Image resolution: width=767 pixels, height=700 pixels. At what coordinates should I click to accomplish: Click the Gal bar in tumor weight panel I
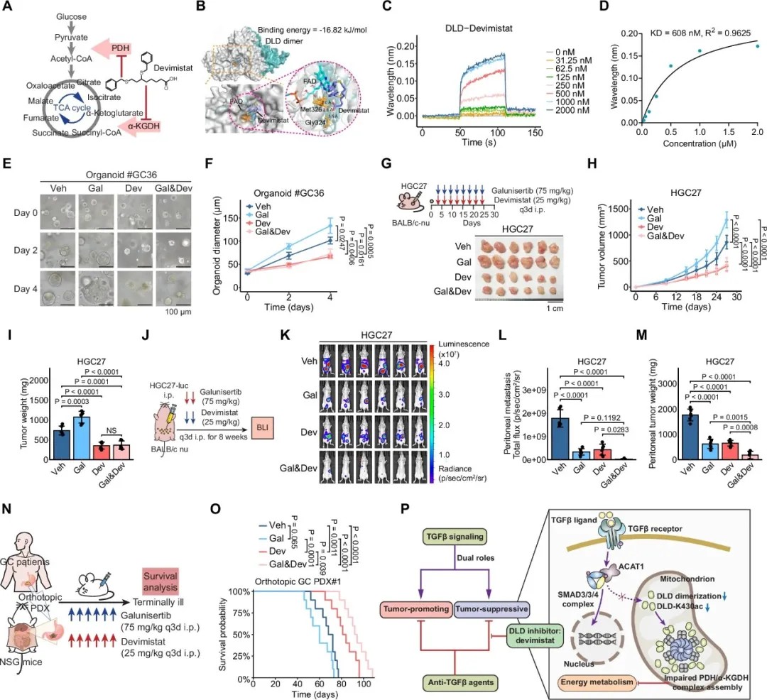[79, 434]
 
